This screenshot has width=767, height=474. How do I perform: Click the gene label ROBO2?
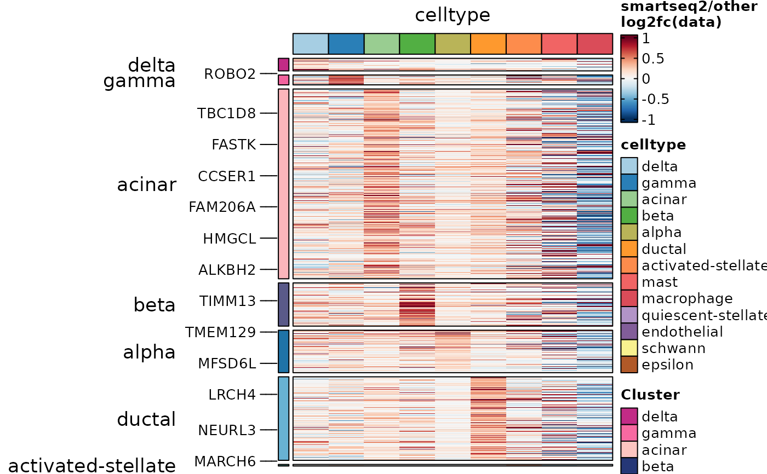click(x=230, y=73)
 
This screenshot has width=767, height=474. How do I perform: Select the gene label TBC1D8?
click(x=226, y=113)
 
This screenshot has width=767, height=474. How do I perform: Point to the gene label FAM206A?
click(x=222, y=207)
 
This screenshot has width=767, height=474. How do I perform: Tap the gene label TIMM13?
click(x=227, y=301)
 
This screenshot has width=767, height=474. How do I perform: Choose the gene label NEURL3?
click(x=227, y=430)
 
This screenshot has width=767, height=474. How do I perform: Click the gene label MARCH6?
click(x=225, y=461)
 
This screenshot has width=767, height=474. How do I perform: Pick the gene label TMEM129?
click(x=220, y=332)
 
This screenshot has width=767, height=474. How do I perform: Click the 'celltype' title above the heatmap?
click(x=453, y=15)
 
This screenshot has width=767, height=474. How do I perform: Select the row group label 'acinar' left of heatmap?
click(x=146, y=185)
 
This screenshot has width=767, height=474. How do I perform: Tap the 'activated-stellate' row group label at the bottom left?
click(x=92, y=465)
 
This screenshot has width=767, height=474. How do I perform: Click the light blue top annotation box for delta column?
click(x=311, y=44)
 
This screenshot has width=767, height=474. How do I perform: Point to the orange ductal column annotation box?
click(x=488, y=44)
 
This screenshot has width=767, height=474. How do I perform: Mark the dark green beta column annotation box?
click(x=417, y=44)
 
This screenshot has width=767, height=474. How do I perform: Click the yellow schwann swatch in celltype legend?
click(x=629, y=348)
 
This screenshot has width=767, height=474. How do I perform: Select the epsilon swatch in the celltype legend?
click(x=629, y=365)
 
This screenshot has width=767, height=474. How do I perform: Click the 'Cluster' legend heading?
click(x=650, y=395)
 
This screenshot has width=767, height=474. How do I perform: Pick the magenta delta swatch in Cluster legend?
click(x=629, y=417)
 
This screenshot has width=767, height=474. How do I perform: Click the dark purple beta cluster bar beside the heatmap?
click(x=283, y=304)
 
